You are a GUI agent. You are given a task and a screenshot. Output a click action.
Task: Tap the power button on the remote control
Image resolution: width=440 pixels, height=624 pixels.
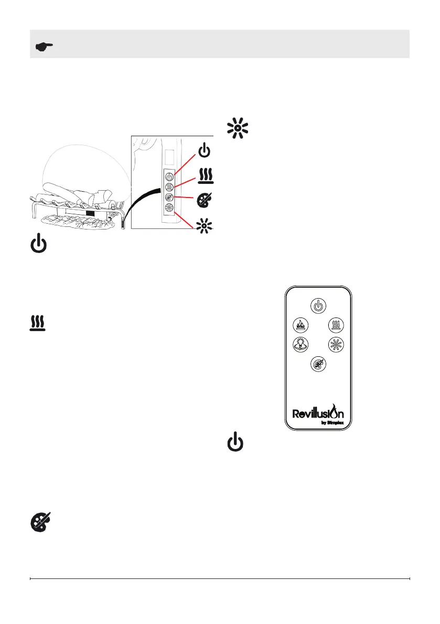(318, 304)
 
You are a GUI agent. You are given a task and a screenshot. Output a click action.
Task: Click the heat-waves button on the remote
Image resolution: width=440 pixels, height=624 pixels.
(335, 325)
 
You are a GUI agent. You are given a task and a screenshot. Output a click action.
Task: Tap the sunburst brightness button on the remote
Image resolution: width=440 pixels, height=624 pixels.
(335, 344)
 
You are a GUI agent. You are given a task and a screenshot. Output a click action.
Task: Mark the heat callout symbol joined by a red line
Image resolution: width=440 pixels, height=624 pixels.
(205, 173)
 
